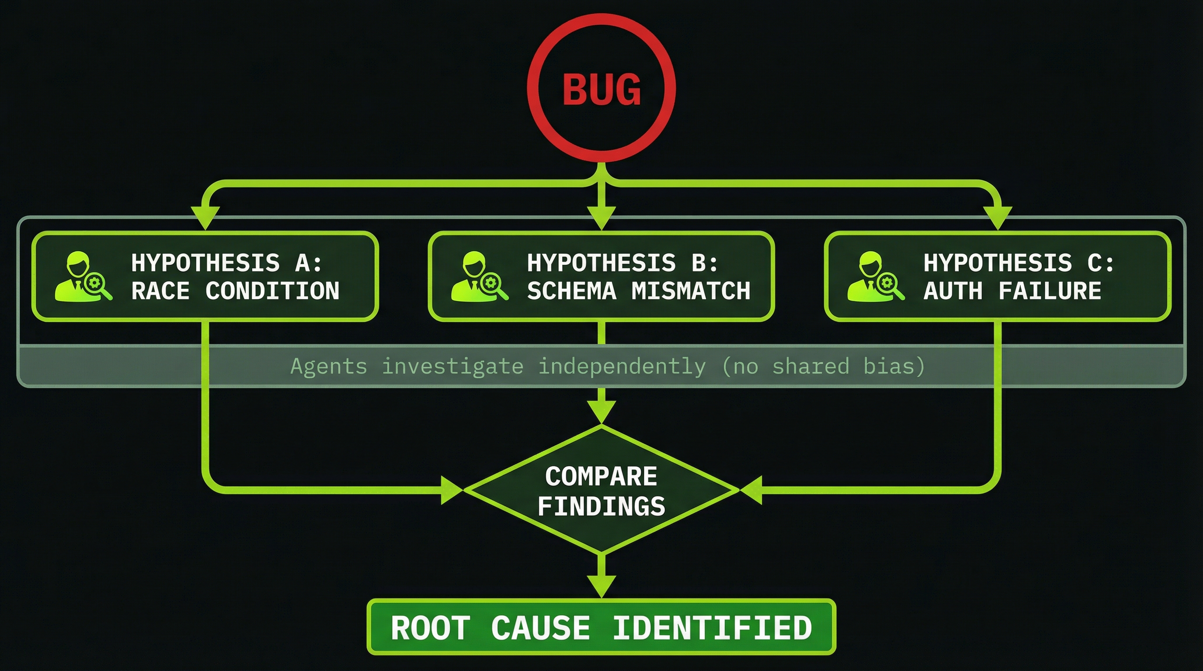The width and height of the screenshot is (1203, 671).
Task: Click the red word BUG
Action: (601, 89)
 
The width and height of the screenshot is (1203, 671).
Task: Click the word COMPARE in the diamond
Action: (601, 477)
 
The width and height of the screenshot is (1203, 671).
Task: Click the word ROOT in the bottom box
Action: (430, 628)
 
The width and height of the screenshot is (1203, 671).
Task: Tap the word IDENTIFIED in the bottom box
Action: (712, 628)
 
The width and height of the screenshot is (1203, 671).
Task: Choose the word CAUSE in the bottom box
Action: (540, 628)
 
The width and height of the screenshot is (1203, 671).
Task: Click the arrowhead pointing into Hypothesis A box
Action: (205, 217)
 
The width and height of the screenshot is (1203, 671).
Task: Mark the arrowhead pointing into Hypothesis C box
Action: (998, 217)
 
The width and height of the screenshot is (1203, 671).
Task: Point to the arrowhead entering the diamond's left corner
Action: (451, 490)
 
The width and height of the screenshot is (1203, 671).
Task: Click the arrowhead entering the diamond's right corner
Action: (752, 490)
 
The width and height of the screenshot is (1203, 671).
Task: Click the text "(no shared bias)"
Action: (823, 366)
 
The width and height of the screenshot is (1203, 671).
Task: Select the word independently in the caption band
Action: (622, 366)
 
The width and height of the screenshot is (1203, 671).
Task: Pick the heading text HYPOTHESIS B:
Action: (622, 263)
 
